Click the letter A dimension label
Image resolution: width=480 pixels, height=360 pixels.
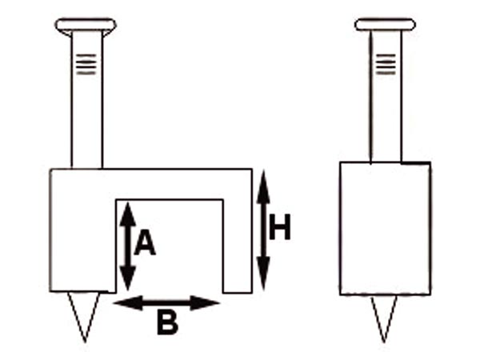[x=145, y=243]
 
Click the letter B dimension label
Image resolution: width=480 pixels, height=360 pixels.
[x=167, y=322]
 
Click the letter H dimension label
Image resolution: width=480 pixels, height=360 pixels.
[x=279, y=227]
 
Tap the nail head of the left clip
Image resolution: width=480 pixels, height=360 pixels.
[x=86, y=26]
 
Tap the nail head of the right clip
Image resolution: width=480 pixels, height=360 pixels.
[x=385, y=25]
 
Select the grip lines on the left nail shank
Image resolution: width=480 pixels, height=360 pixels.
[x=86, y=64]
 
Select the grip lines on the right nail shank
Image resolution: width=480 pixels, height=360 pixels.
[x=386, y=64]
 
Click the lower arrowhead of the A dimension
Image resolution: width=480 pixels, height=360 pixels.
[x=128, y=278]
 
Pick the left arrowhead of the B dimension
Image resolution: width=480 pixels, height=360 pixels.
[x=128, y=303]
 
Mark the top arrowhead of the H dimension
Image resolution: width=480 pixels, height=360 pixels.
[x=263, y=187]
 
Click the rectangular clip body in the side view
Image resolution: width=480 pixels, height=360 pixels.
[x=386, y=228]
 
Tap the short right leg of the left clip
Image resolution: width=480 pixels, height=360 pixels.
[x=238, y=246]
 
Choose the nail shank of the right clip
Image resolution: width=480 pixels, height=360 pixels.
[x=386, y=96]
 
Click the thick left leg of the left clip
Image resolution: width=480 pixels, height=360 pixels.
[x=83, y=246]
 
